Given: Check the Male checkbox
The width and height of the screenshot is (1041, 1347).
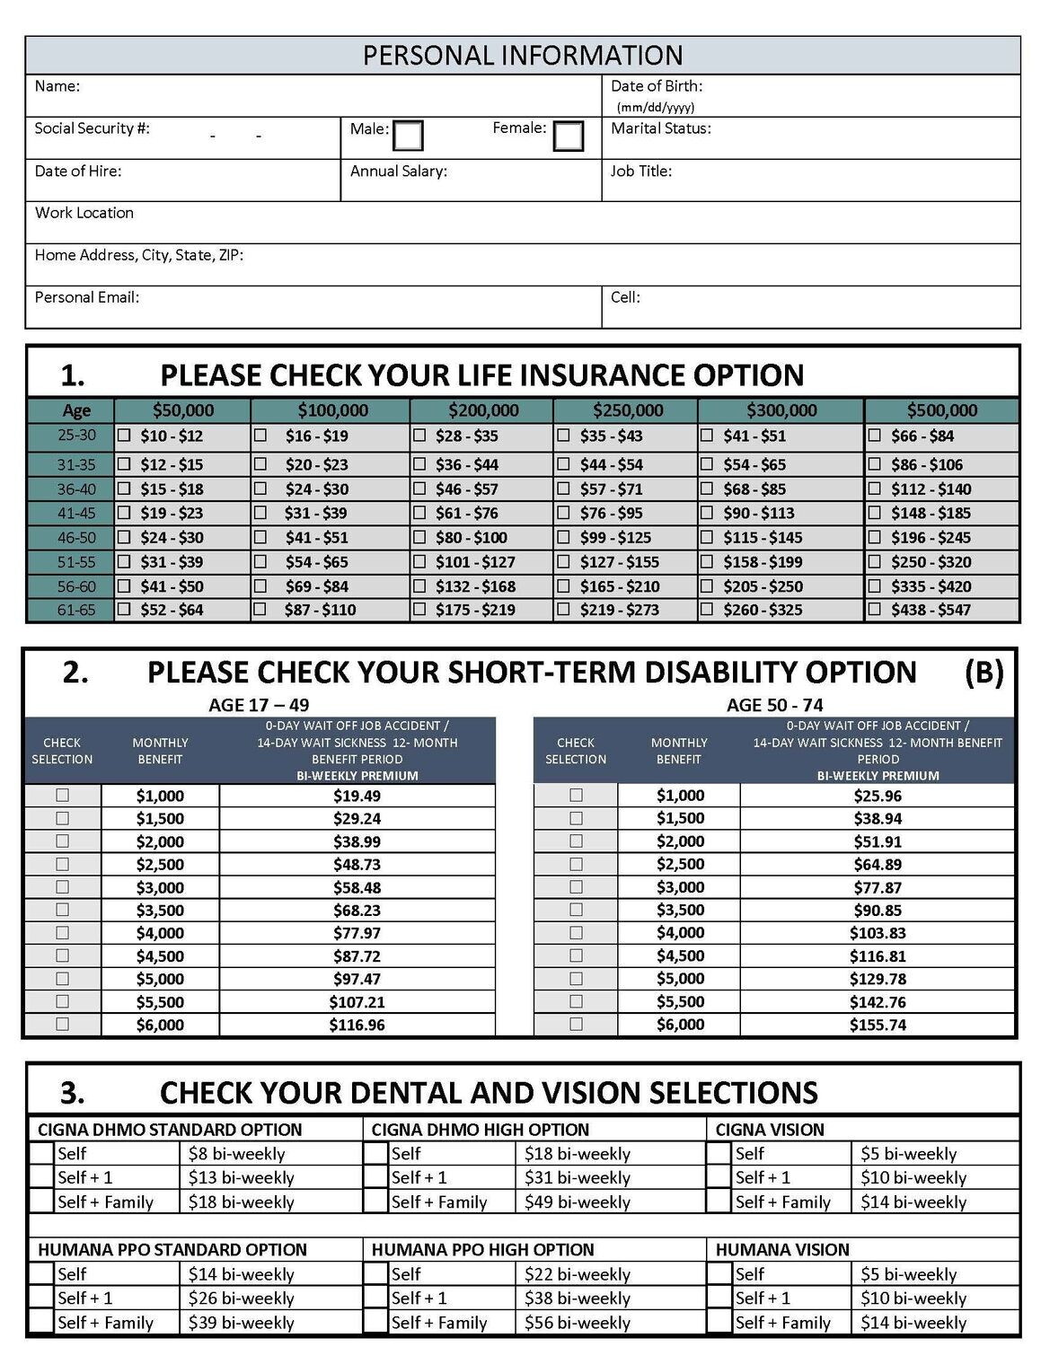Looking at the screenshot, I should pos(408,136).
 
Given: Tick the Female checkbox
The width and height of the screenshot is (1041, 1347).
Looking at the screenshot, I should pos(568,136).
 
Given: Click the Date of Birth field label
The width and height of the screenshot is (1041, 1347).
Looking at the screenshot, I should pos(657,86).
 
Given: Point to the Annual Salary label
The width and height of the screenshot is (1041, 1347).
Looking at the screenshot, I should pos(398,171).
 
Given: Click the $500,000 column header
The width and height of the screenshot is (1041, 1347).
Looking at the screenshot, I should pos(941,410).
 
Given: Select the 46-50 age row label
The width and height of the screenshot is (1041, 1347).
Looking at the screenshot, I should pos(76,537).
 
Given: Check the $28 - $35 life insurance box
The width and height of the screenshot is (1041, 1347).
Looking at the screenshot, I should pos(419,436).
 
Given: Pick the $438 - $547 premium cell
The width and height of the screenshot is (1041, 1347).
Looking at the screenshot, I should pos(931,610).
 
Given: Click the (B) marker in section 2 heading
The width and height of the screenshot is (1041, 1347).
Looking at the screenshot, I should pos(984,672).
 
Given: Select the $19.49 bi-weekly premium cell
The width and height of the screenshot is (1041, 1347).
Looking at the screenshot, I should pos(357,796).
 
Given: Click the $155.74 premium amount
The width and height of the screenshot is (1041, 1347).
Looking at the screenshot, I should pos(878,1025).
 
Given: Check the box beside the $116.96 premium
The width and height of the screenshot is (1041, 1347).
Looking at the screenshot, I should pos(62,1024).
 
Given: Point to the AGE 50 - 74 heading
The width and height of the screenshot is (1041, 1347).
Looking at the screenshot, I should pos(774,705).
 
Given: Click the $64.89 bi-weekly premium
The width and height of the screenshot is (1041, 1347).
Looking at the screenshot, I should pos(878,865).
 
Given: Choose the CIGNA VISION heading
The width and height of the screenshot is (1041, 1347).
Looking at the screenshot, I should pos(770,1130).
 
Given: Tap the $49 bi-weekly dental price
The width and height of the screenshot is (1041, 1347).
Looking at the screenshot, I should pos(577,1202).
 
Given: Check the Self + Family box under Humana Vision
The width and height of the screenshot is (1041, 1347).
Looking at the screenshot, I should pos(719,1322).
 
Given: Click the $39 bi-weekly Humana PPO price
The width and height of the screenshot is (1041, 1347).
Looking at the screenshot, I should pos(241,1323).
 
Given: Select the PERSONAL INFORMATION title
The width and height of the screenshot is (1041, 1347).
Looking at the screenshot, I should pos(522,56).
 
